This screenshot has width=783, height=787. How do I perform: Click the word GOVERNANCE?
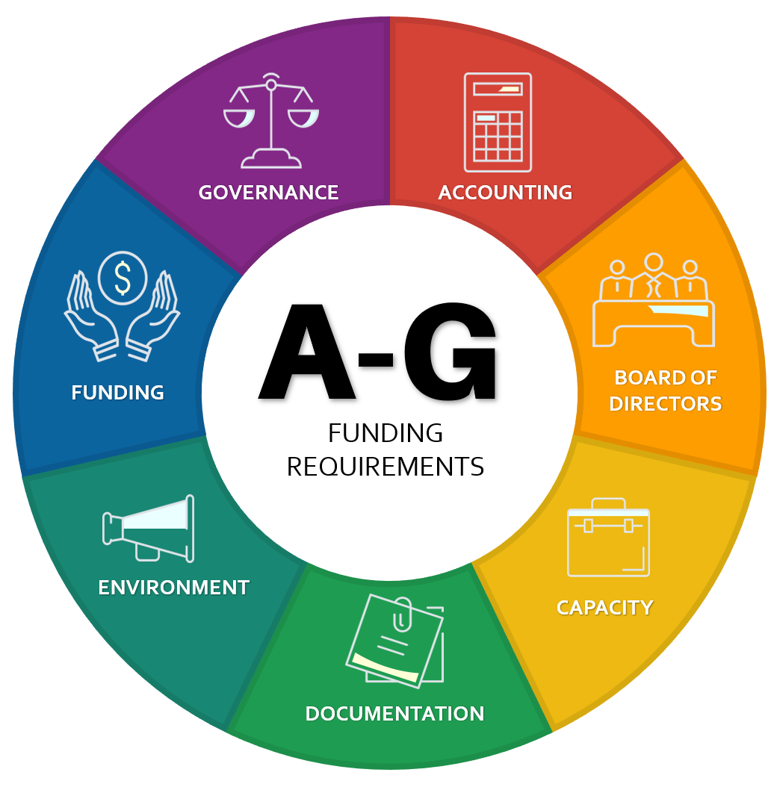tap(268, 193)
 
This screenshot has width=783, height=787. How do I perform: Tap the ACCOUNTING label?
tap(505, 193)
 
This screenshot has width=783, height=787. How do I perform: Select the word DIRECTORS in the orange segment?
tap(665, 404)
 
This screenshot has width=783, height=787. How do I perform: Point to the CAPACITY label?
tap(604, 607)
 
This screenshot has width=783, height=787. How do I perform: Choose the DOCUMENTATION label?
tap(394, 714)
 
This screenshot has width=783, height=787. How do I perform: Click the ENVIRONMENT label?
tap(173, 588)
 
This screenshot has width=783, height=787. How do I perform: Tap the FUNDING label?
tap(117, 393)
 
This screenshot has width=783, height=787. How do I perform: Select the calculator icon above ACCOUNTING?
tap(498, 122)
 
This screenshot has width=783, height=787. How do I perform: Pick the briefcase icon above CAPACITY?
tap(608, 539)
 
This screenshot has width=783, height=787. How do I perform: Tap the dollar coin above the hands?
tap(123, 277)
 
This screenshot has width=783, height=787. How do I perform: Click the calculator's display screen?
tap(498, 90)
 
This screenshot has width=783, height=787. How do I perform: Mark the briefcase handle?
tap(608, 503)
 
